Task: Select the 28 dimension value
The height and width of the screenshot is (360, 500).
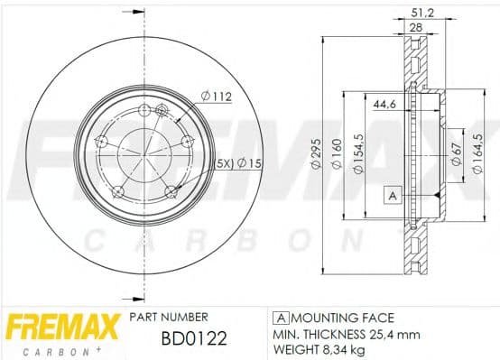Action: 416,29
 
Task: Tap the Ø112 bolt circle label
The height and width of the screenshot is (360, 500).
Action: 214,95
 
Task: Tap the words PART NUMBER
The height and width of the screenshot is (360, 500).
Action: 169,318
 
